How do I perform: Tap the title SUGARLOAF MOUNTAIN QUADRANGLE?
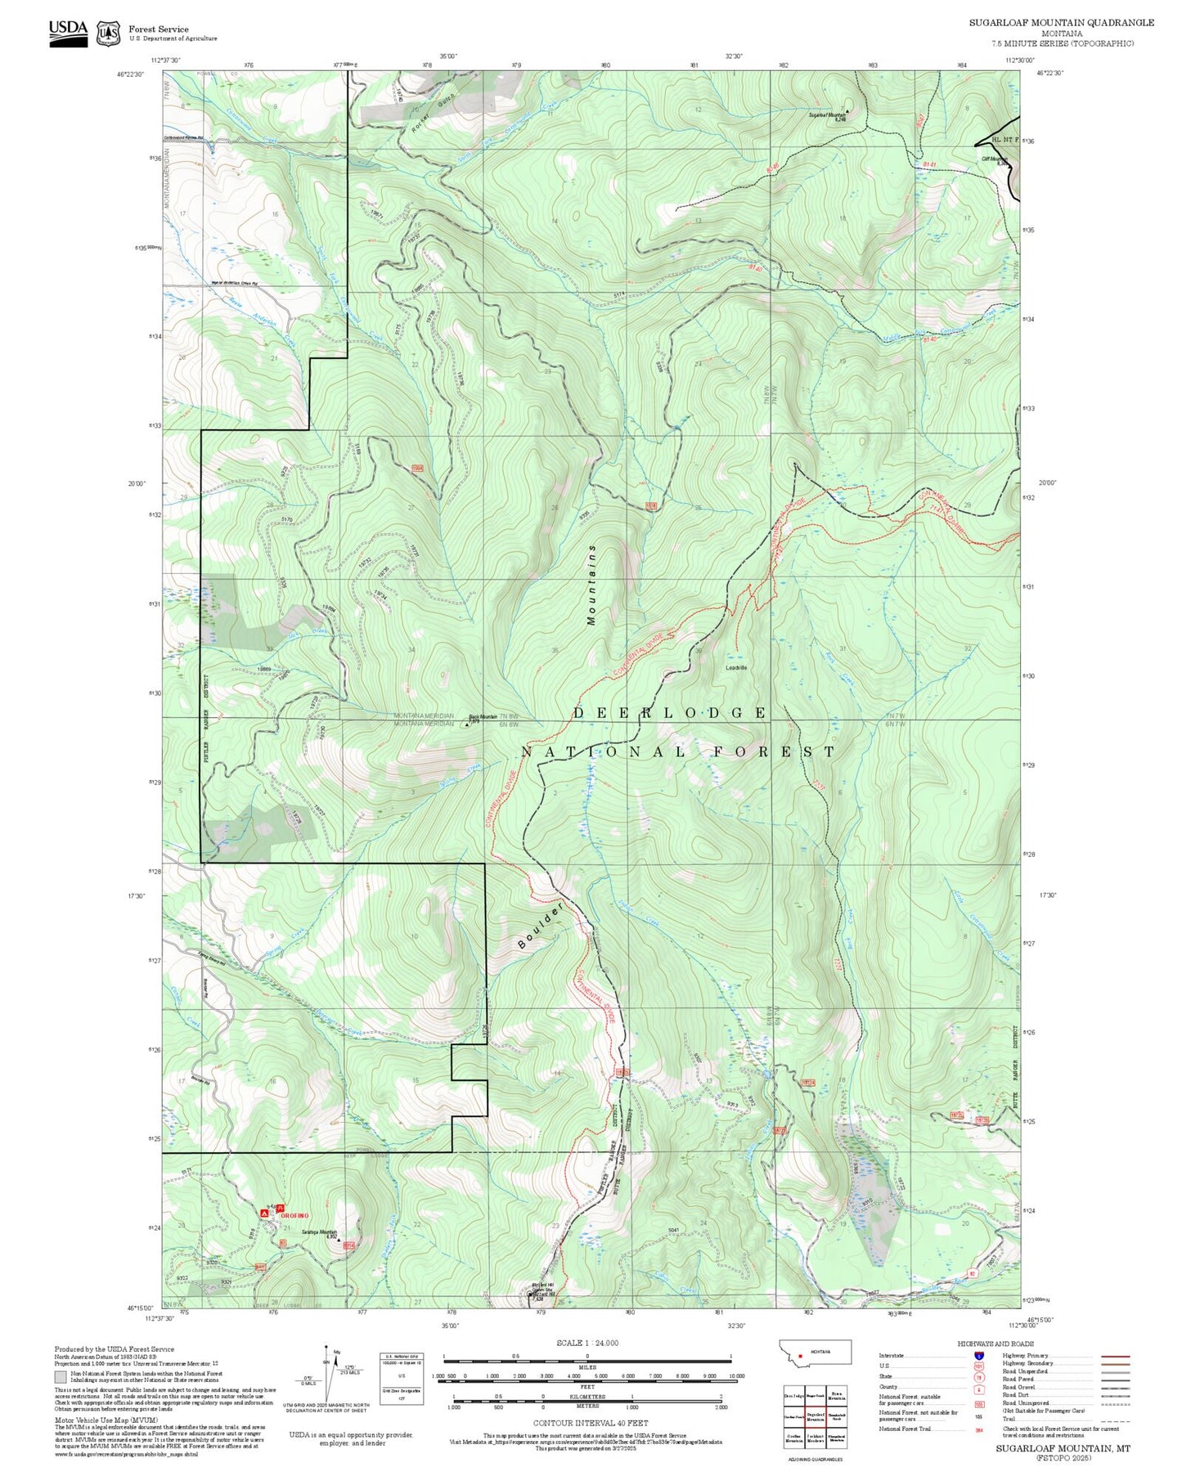click(1062, 23)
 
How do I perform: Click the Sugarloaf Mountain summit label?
click(827, 116)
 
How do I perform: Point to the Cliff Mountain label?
click(994, 159)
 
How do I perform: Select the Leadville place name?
click(736, 667)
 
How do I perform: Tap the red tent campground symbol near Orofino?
click(265, 1214)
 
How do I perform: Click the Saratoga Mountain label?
click(320, 1232)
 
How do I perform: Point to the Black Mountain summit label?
click(483, 717)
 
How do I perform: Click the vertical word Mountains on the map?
click(591, 585)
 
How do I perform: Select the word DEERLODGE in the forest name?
click(669, 713)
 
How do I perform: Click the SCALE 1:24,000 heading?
click(587, 1343)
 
